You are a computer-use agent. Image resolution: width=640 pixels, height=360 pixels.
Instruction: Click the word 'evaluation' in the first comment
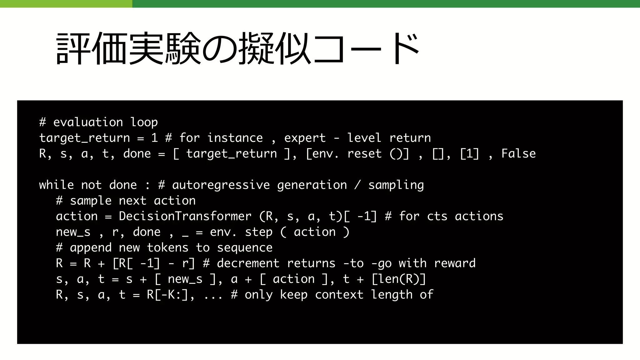88,122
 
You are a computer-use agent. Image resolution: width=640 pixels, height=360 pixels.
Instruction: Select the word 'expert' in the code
305,138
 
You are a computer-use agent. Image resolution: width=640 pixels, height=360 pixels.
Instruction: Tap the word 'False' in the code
518,154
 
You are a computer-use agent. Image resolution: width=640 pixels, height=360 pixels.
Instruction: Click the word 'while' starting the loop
56,185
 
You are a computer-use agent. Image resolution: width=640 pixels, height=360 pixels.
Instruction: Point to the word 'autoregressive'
221,185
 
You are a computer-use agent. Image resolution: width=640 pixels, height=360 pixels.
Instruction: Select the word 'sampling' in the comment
396,185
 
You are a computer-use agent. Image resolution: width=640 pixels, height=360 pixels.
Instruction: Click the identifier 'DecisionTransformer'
185,216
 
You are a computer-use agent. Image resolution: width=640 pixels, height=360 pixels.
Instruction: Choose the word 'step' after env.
258,232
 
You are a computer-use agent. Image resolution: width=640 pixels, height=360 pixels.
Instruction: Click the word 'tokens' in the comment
167,248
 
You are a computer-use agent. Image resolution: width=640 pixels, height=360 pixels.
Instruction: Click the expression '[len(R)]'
399,279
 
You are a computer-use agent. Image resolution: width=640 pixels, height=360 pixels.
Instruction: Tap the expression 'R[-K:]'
167,295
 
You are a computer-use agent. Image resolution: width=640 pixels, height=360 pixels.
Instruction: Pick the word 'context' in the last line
339,295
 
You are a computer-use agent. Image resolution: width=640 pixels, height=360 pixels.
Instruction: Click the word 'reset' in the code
364,154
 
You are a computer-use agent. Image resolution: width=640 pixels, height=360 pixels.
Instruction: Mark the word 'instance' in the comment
235,138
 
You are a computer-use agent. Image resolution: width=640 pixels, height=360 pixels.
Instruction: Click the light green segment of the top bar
66,4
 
